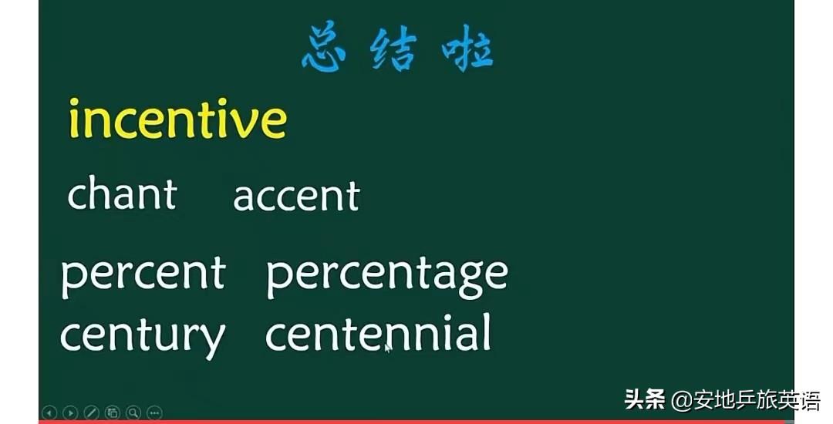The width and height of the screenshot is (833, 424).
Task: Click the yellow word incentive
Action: [x=178, y=119]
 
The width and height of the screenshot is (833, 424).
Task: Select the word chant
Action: [x=122, y=193]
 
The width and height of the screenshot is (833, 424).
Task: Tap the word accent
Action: [x=296, y=196]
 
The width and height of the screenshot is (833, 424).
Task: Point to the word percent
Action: [x=143, y=275]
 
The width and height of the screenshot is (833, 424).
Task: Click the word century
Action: [x=143, y=338]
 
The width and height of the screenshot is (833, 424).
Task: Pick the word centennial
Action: [x=377, y=333]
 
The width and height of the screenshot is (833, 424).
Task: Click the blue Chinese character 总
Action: [x=324, y=46]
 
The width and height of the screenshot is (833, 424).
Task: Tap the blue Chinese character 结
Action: [x=393, y=48]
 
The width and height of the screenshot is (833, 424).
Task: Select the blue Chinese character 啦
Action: [x=467, y=48]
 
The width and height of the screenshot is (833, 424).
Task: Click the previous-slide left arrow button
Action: [x=49, y=412]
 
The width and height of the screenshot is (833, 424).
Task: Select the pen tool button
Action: [x=91, y=412]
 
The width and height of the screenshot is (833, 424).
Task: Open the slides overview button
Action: [x=113, y=412]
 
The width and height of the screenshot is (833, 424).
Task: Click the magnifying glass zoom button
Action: [x=133, y=412]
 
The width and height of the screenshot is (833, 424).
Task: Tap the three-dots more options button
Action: [x=154, y=412]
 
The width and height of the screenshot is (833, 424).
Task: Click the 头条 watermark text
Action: [x=644, y=399]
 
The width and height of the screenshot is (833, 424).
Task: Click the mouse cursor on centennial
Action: [x=388, y=348]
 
